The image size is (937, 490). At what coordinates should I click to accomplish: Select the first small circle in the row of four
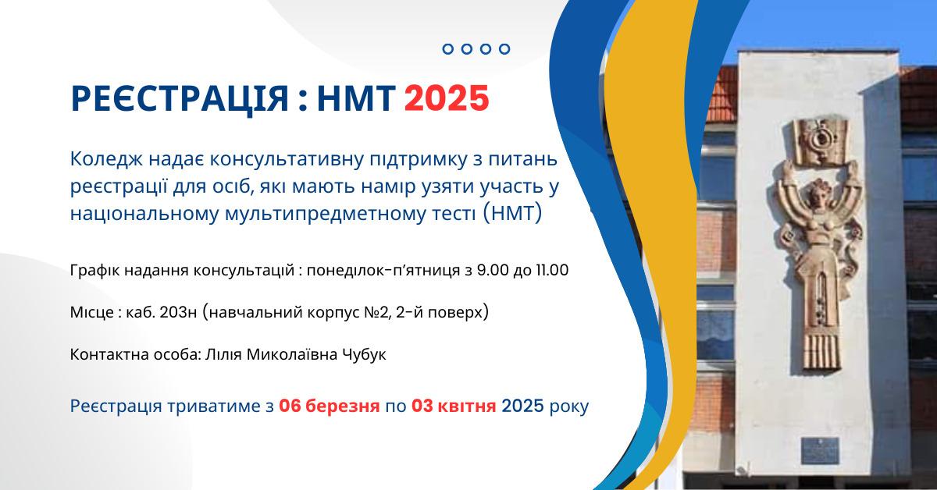[448, 49]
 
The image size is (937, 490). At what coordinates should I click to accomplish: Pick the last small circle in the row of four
[504, 49]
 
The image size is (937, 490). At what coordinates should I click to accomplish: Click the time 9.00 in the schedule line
[486, 271]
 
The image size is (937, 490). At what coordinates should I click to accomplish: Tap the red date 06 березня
[330, 407]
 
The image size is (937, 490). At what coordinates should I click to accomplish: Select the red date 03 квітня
[454, 407]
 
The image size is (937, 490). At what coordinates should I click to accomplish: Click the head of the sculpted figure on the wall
[820, 193]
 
